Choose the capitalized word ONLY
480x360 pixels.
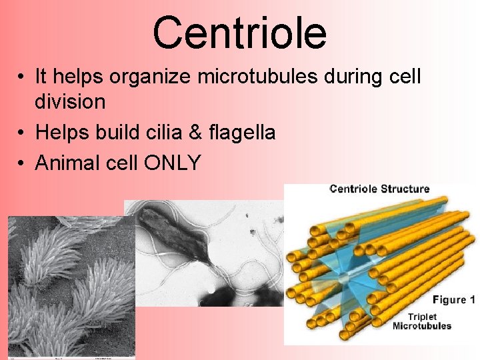click(x=173, y=163)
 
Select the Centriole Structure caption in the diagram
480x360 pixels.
click(x=379, y=189)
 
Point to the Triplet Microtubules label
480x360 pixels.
click(x=421, y=321)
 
